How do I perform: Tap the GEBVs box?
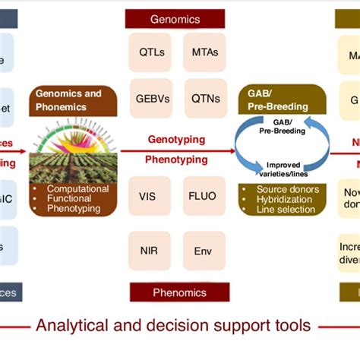tap(151, 97)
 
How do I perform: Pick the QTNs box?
tap(204, 97)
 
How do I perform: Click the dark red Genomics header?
tap(175, 18)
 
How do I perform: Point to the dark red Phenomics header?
tap(175, 292)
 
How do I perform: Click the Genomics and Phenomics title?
tap(73, 99)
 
